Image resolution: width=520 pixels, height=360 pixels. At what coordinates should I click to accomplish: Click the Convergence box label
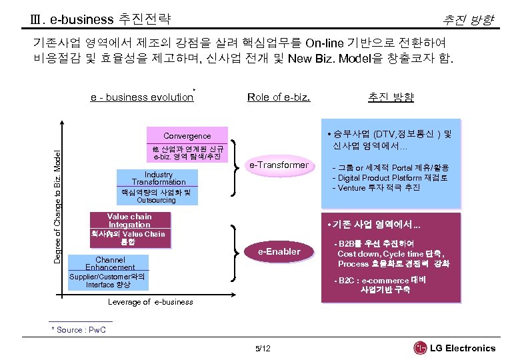pos(187,135)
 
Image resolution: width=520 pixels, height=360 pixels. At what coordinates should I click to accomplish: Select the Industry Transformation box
pos(158,178)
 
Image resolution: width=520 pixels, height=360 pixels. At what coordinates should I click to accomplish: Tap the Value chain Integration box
pos(130,221)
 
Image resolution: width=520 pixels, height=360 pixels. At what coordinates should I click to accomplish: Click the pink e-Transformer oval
pos(279,165)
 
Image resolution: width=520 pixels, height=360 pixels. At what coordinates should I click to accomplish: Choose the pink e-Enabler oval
pos(279,251)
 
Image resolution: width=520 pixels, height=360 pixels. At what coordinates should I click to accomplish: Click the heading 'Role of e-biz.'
pos(278,97)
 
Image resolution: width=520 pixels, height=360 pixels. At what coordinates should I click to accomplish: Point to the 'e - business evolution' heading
pos(142,97)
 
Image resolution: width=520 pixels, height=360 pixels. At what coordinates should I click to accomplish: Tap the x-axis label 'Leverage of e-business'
pos(151,302)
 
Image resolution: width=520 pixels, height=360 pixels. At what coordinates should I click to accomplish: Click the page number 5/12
pos(263,348)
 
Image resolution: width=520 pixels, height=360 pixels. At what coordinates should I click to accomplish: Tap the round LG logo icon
pos(420,348)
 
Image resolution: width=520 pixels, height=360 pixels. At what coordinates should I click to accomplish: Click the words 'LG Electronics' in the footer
pos(463,348)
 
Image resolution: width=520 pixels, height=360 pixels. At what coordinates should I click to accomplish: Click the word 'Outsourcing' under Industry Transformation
pos(156,200)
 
